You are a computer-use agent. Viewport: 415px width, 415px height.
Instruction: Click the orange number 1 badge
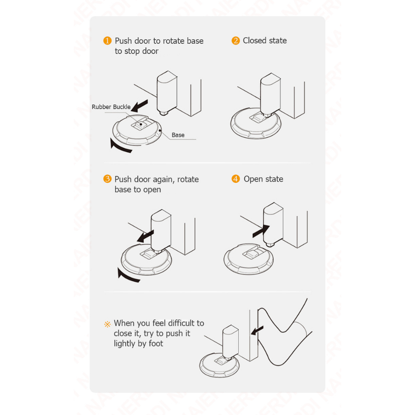pyautogui.click(x=107, y=41)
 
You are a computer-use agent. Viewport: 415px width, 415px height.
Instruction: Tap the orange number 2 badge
pyautogui.click(x=235, y=41)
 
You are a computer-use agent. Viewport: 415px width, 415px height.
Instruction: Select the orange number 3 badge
pyautogui.click(x=107, y=179)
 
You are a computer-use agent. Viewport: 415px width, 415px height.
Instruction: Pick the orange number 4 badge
pyautogui.click(x=235, y=179)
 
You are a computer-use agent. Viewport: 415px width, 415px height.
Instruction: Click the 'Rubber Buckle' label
pyautogui.click(x=111, y=107)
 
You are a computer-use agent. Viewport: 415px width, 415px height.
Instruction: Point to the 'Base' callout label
pyautogui.click(x=178, y=135)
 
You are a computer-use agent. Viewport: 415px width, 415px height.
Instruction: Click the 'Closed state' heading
pyautogui.click(x=265, y=41)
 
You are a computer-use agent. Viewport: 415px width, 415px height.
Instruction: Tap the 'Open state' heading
pyautogui.click(x=263, y=179)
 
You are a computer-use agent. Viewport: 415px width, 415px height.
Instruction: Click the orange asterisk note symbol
pyautogui.click(x=107, y=324)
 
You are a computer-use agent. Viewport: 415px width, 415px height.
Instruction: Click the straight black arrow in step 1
pyautogui.click(x=139, y=106)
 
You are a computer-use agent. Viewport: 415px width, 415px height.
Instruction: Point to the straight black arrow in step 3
pyautogui.click(x=145, y=236)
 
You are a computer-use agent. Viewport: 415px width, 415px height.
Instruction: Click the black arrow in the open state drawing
pyautogui.click(x=261, y=231)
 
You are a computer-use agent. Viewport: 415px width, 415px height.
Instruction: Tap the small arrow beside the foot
pyautogui.click(x=257, y=330)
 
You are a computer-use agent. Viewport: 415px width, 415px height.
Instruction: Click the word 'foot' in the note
pyautogui.click(x=156, y=343)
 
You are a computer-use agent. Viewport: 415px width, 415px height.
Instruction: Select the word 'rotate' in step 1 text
pyautogui.click(x=173, y=41)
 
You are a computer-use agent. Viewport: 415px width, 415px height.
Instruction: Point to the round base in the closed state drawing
pyautogui.click(x=256, y=124)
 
